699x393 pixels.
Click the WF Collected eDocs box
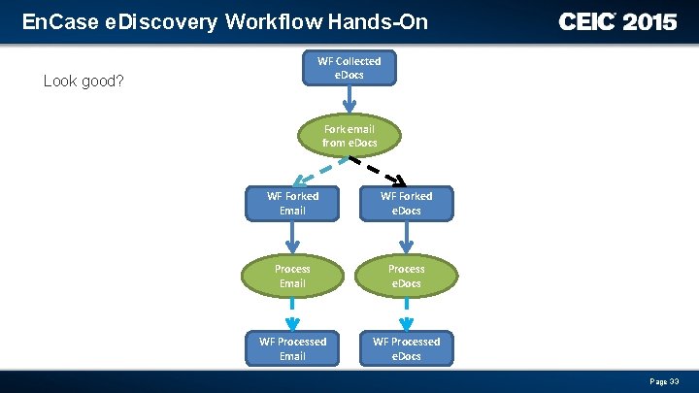[349, 68]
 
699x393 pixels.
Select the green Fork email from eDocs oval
[349, 135]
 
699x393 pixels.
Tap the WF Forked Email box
[292, 203]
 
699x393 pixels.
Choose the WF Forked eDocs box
[406, 203]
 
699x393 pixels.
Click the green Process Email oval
[292, 276]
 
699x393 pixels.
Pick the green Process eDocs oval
[406, 276]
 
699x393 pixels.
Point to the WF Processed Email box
[292, 348]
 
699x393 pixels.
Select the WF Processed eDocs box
[406, 348]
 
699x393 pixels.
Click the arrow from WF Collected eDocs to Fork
[349, 100]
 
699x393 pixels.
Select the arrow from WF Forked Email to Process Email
[292, 238]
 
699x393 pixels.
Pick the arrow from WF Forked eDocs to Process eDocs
[406, 238]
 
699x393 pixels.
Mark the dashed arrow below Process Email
[292, 311]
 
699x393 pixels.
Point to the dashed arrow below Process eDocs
[406, 311]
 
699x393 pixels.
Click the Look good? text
[83, 81]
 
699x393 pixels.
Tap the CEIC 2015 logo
[617, 21]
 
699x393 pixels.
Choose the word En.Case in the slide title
[54, 21]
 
